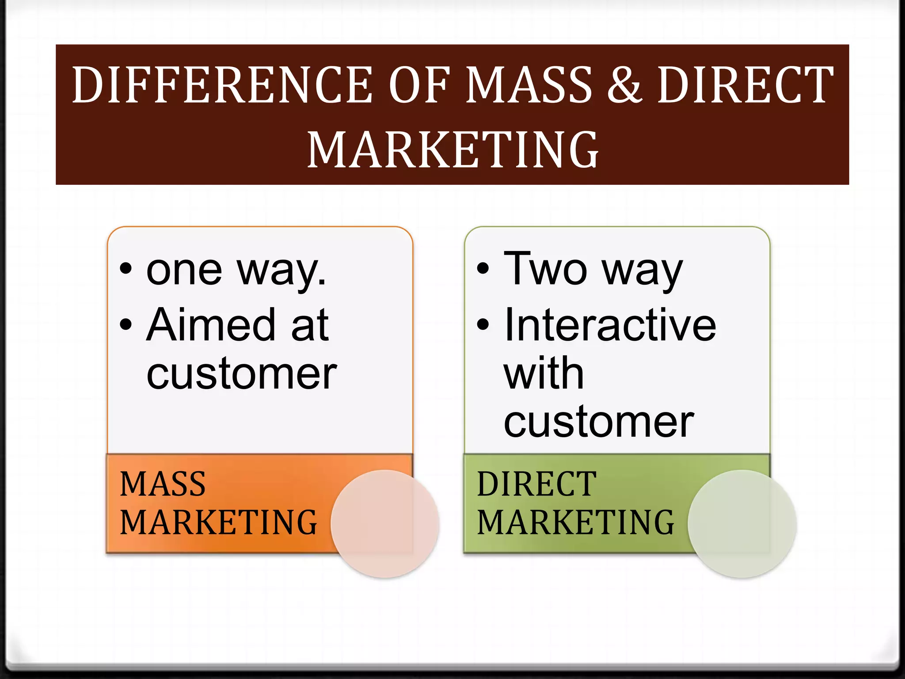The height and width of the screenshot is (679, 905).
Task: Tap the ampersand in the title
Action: point(624,85)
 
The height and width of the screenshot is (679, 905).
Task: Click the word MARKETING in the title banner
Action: point(452,150)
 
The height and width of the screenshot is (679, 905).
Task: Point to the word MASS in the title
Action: point(529,85)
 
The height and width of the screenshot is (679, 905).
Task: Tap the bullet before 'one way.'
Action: point(126,269)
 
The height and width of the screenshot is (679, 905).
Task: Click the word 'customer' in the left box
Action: point(242,374)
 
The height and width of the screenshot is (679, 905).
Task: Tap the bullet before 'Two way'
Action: point(483,269)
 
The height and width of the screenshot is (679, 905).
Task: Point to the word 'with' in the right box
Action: point(544,373)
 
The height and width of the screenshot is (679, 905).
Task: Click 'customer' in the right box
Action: point(599,422)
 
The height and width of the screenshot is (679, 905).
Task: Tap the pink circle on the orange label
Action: point(384,524)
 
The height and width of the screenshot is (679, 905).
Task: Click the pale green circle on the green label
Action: point(742,524)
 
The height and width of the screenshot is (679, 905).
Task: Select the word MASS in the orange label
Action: point(163,484)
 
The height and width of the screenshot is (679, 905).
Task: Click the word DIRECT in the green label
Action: point(537,484)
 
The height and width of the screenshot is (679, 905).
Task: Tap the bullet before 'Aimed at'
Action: point(126,324)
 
